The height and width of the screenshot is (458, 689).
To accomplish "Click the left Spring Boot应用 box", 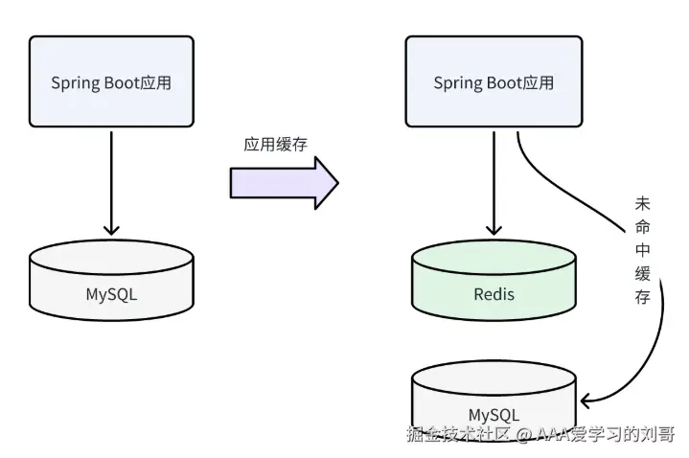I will [111, 82].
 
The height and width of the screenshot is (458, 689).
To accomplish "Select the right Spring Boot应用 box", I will [494, 82].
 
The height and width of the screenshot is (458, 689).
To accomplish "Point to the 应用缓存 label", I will [276, 144].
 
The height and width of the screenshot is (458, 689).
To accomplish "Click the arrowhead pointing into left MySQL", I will [111, 229].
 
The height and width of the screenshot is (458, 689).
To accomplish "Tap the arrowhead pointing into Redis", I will [494, 229].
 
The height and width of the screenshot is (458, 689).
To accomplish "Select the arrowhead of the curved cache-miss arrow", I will [587, 400].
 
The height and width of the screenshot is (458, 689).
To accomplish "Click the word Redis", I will [494, 293].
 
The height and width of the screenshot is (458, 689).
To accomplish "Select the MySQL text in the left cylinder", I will [111, 293].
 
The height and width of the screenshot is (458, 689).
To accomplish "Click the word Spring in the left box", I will [74, 83].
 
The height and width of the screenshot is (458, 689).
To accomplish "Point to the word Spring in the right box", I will [456, 83].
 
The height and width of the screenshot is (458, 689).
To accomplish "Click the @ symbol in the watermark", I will [523, 435].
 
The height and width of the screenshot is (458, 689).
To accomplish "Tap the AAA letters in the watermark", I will [554, 435].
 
